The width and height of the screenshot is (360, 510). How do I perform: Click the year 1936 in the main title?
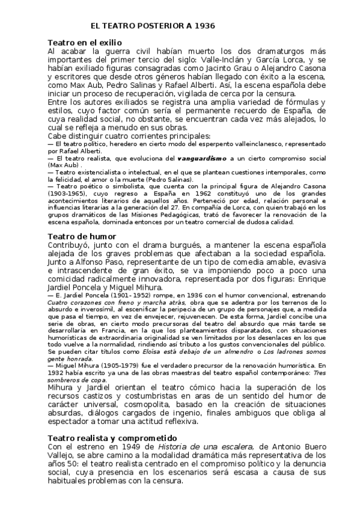click(x=203, y=27)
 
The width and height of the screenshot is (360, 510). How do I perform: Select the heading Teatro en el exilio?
click(x=85, y=43)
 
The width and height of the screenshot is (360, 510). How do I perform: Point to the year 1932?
click(x=58, y=372)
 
